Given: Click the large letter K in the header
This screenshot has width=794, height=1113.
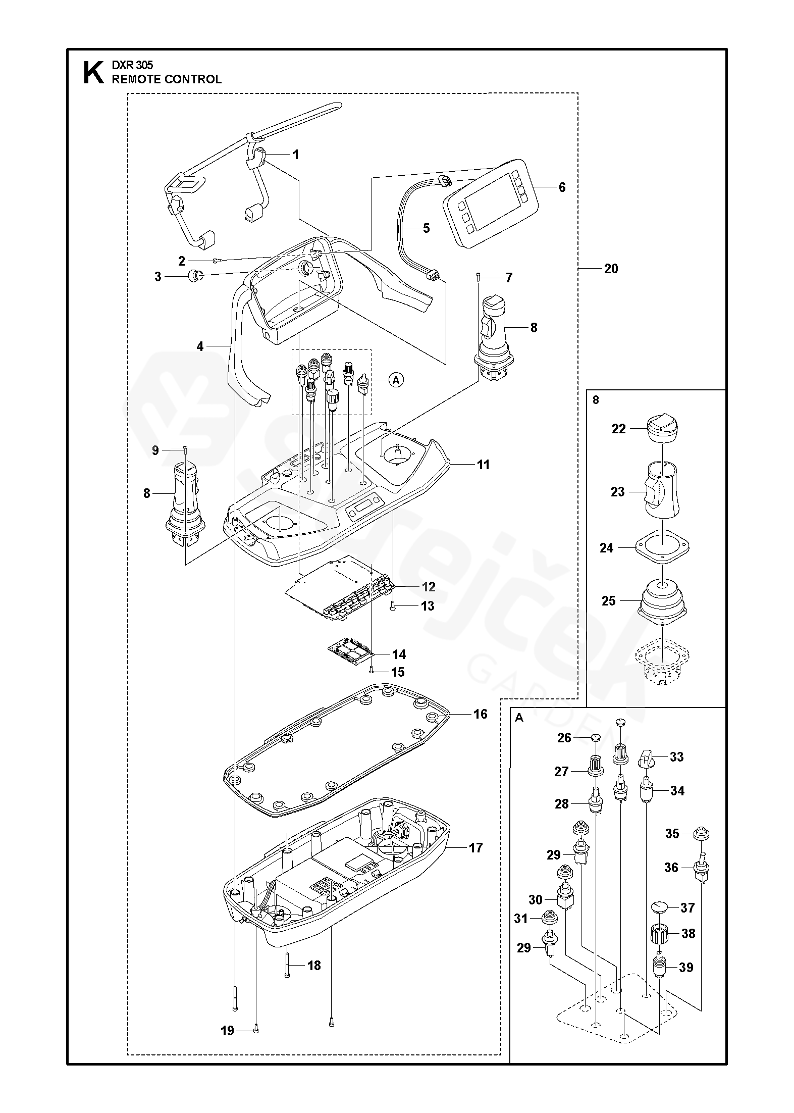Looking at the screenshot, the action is (91, 72).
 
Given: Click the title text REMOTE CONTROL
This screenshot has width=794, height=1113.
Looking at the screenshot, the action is (167, 79).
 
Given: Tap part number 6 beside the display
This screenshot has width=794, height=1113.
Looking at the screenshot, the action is (562, 187).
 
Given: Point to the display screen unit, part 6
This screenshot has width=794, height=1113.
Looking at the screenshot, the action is (491, 204).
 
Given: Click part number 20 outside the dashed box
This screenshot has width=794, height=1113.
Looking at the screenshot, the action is (611, 269).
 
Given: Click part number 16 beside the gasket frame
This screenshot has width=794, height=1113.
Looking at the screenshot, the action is (481, 714).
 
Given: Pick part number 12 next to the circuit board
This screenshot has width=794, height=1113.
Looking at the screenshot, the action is (429, 587).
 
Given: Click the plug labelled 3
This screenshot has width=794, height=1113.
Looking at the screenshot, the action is (195, 276).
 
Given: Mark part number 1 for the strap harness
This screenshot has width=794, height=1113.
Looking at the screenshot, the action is (296, 155).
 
